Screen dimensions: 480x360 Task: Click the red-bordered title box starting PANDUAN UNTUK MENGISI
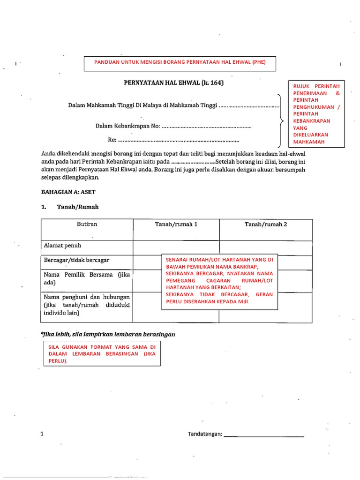(180, 63)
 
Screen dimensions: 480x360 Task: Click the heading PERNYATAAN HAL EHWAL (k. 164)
(174, 83)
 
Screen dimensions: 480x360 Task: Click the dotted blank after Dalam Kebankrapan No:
(207, 126)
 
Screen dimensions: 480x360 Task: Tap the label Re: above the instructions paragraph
(112, 140)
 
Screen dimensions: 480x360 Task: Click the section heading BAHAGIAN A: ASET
(68, 192)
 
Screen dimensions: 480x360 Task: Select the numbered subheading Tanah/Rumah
(78, 207)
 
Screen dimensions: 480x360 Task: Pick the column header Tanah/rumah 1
(176, 225)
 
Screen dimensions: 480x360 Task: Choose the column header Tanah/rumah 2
(265, 225)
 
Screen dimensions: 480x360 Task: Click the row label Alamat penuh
(62, 245)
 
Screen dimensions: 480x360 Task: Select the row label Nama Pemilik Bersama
(87, 278)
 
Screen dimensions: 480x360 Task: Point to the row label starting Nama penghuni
(87, 305)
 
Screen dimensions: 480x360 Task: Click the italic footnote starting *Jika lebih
(108, 334)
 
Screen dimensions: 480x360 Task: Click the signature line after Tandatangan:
(264, 435)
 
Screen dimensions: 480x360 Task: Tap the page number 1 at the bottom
(42, 434)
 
